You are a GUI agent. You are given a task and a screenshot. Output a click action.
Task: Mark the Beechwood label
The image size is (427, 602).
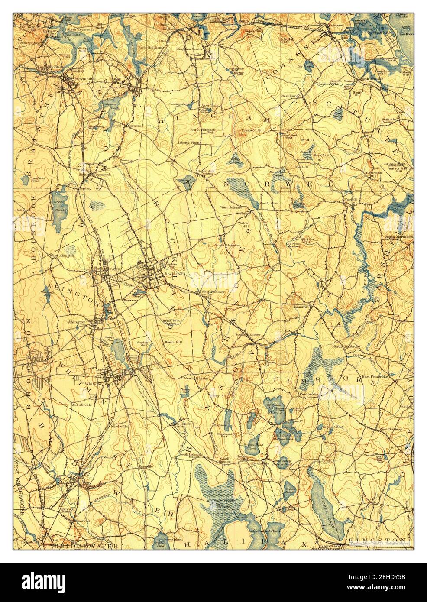click(291, 94)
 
